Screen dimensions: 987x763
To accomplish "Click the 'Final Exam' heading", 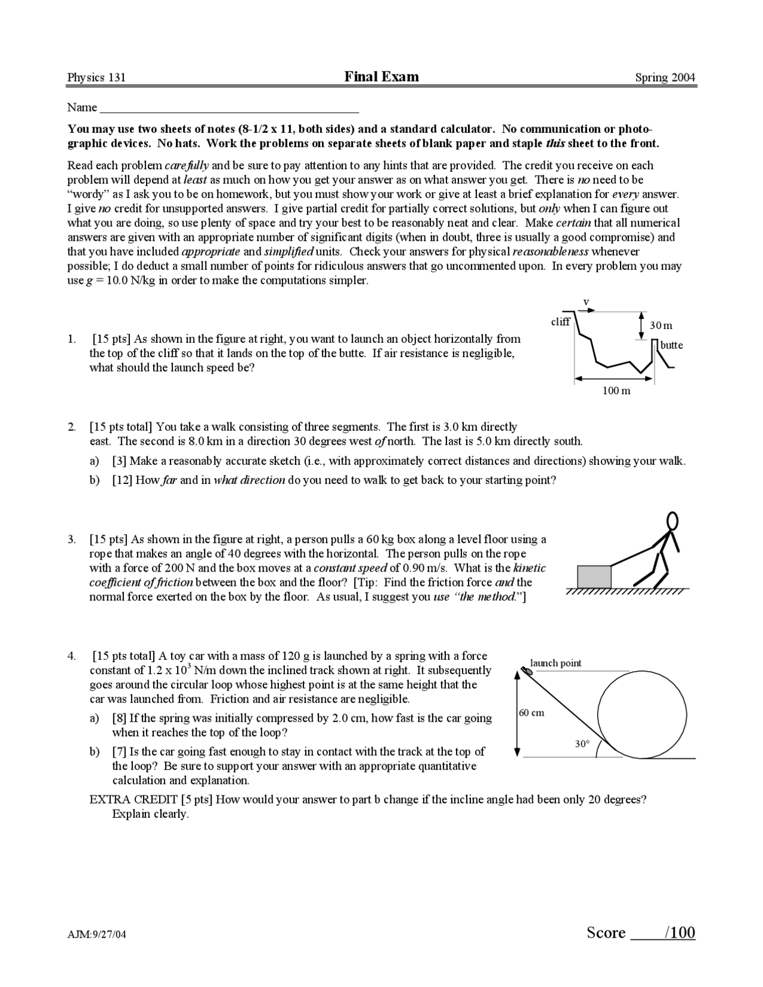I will coord(381,76).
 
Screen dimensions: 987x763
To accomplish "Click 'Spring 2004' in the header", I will coord(665,77).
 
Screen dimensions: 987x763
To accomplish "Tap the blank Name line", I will coord(229,108).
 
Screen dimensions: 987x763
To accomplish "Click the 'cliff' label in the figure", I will coord(560,322).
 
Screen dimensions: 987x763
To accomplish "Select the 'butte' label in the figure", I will coord(671,345).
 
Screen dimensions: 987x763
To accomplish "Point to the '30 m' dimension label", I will coord(660,325).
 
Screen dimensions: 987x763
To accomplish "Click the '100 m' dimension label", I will coord(616,391).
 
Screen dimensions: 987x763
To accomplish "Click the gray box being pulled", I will coord(594,576).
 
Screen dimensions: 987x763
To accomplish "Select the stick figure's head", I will coord(672,521).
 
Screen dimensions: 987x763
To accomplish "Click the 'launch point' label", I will coord(556,663).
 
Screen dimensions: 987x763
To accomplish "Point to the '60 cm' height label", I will coord(531,713).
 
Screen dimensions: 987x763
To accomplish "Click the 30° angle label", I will coord(582,744).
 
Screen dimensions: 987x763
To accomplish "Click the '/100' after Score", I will coord(680,933).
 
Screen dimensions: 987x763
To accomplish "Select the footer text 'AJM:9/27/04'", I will coord(97,935).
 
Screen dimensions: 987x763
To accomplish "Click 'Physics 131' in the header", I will coord(97,77).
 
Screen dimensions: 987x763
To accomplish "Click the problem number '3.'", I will coord(72,539).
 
